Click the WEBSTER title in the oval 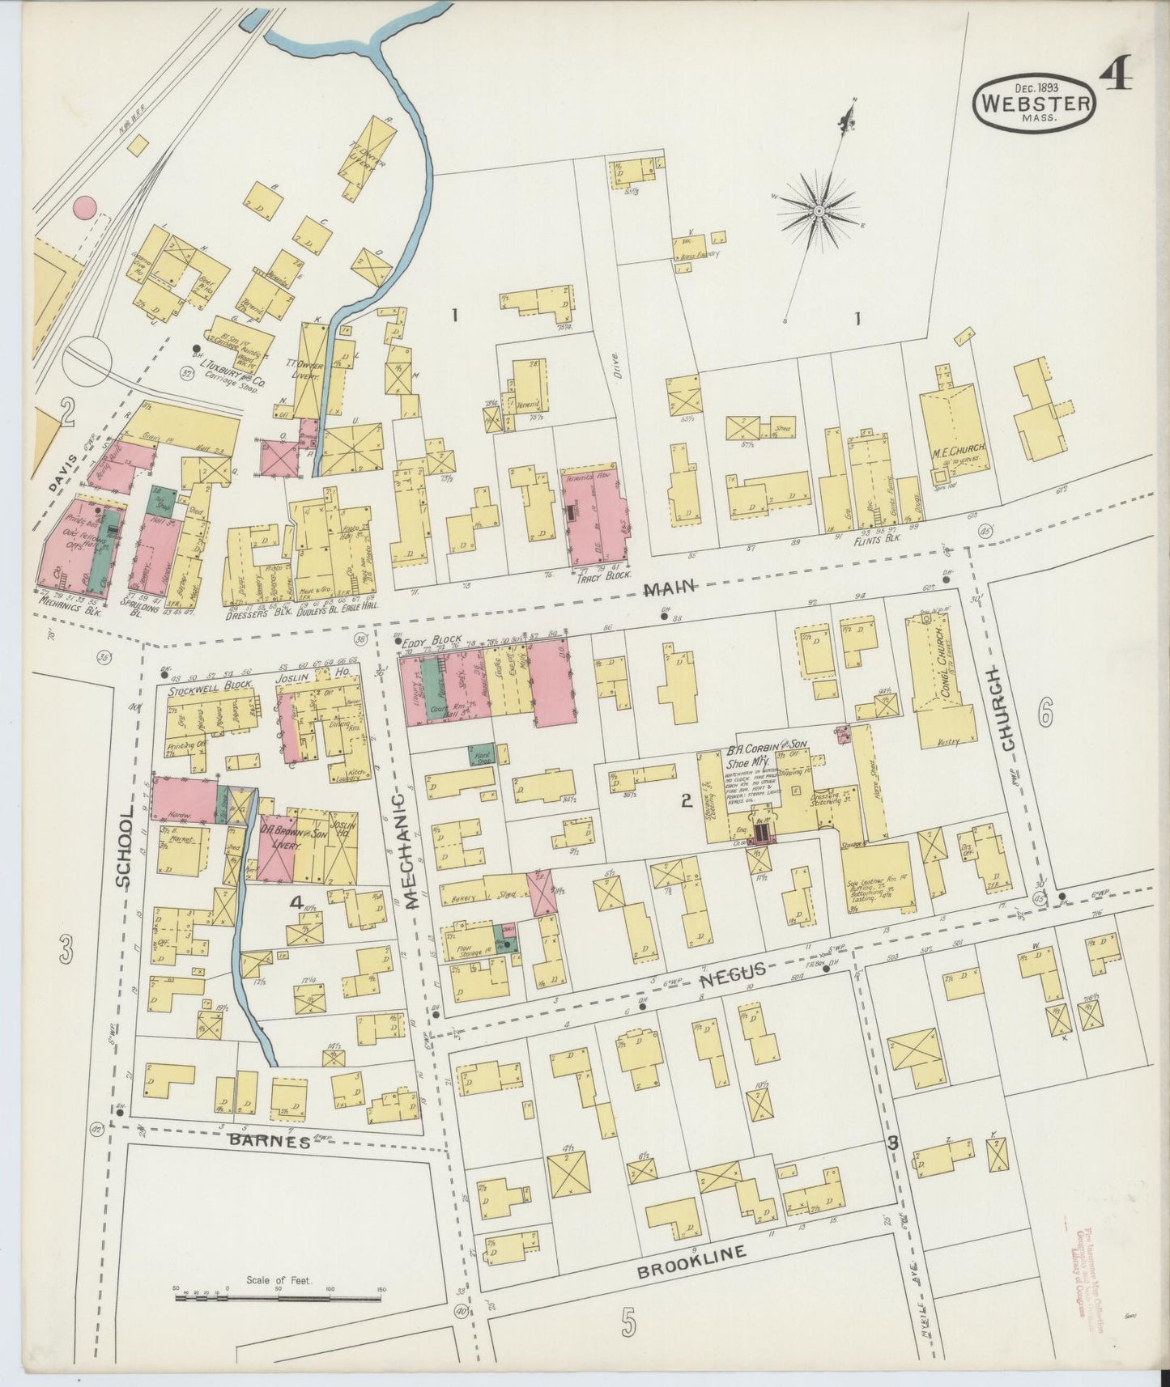(x=1036, y=104)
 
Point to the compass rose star (x=818, y=210)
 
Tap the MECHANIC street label (x=409, y=850)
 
